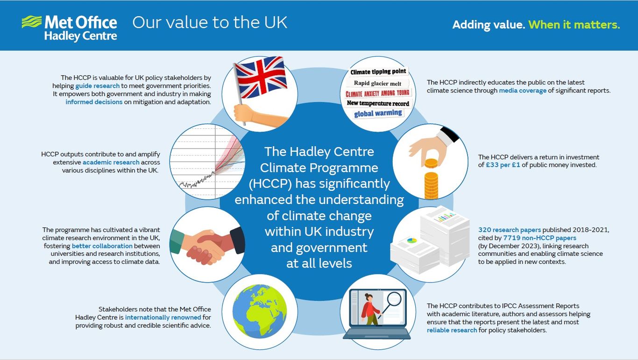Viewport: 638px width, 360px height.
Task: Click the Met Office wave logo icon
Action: [31, 22]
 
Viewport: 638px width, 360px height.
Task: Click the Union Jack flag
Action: [261, 80]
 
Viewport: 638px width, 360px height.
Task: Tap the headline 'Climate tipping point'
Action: [378, 72]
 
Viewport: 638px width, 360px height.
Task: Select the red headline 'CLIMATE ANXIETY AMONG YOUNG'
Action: [377, 93]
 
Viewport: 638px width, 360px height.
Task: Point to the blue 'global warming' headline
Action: [378, 113]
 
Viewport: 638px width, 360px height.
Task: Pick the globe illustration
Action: [260, 311]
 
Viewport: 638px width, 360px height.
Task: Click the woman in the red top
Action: [370, 308]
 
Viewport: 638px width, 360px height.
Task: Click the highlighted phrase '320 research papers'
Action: [510, 230]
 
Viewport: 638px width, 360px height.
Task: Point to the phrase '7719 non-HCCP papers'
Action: [539, 238]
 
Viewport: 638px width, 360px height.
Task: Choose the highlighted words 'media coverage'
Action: [523, 91]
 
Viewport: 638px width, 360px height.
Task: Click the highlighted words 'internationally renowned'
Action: [163, 318]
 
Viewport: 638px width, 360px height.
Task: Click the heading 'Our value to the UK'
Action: [210, 22]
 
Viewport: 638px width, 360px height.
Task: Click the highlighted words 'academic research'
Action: [111, 162]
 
